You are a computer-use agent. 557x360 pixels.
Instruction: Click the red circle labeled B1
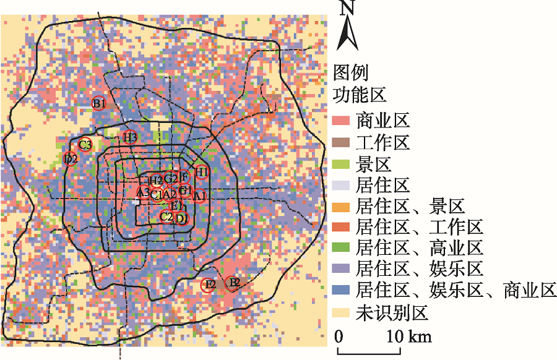click(x=99, y=103)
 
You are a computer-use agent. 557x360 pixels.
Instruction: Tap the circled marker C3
click(x=85, y=145)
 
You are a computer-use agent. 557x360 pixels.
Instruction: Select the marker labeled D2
click(x=71, y=158)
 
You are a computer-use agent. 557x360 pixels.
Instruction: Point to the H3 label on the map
click(x=130, y=137)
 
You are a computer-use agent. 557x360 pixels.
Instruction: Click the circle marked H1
click(x=201, y=171)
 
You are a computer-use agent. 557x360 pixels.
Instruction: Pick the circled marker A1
click(x=199, y=195)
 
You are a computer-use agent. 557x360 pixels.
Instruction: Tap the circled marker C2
click(x=166, y=216)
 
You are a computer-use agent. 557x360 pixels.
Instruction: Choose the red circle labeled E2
click(x=209, y=285)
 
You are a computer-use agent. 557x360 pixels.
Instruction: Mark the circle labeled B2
click(x=232, y=283)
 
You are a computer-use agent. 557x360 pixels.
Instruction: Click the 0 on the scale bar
click(x=339, y=337)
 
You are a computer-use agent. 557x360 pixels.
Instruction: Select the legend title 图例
click(x=351, y=73)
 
